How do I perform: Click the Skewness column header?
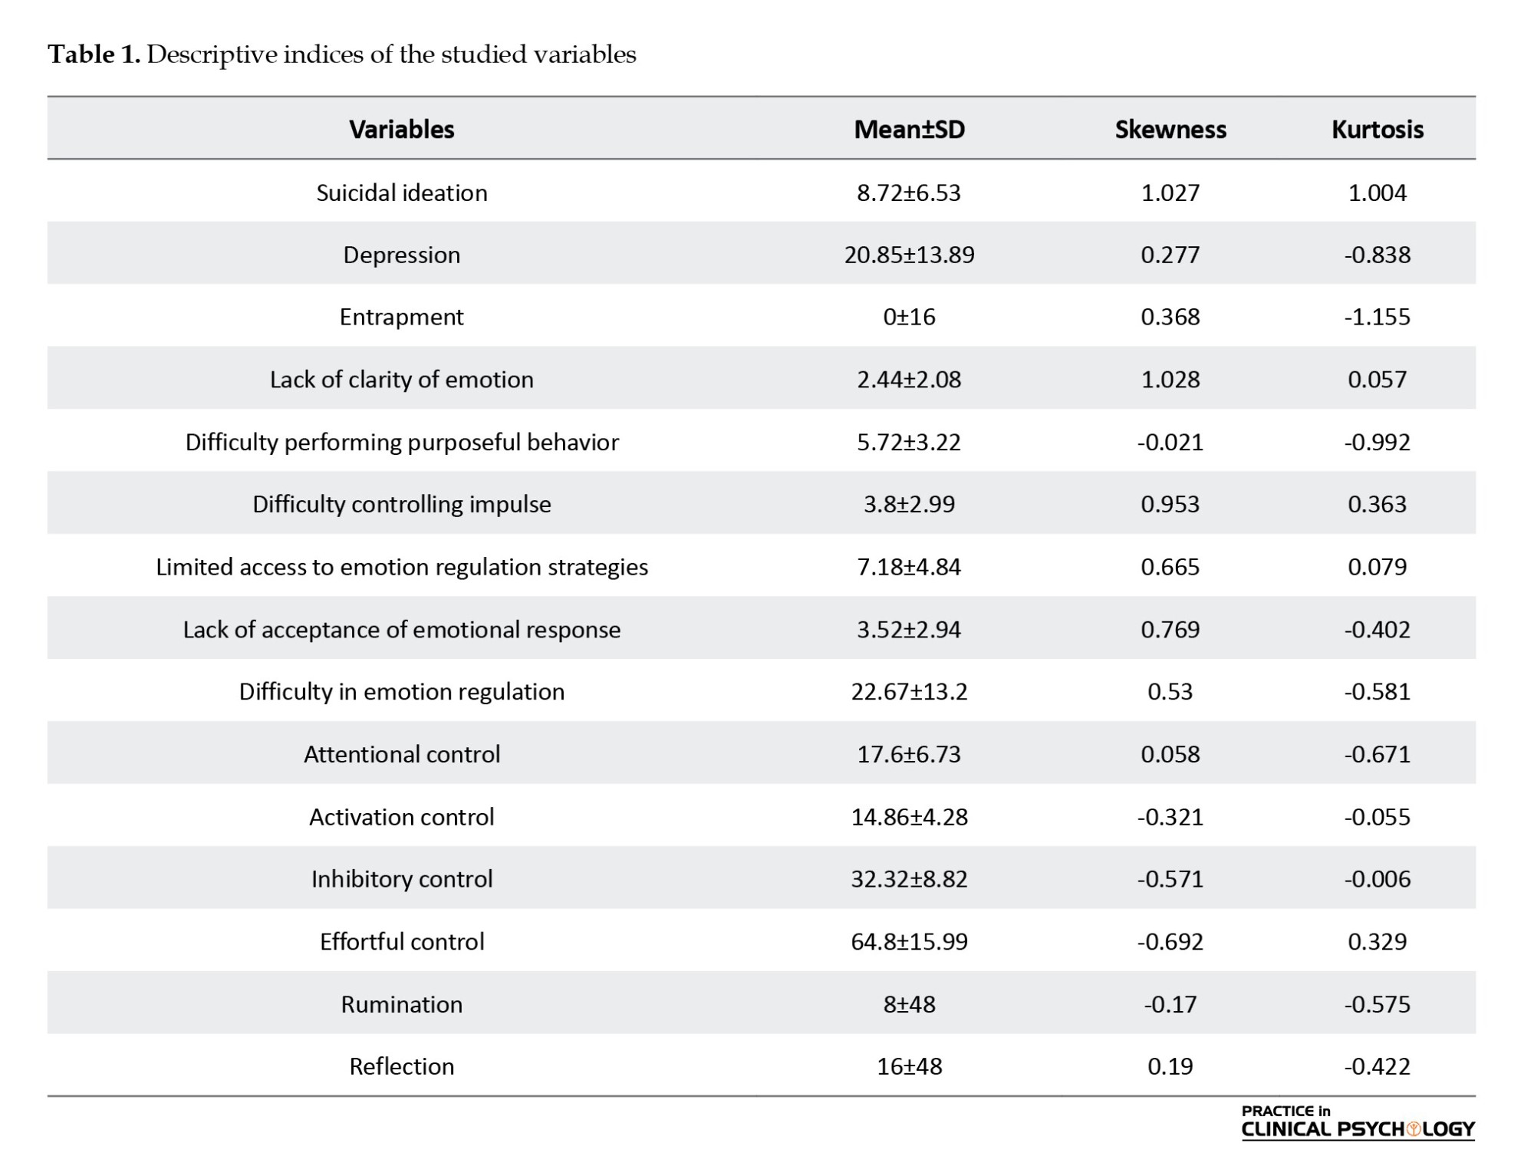[x=1170, y=129]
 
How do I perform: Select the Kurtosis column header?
[x=1378, y=129]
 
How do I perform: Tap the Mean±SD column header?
[x=910, y=129]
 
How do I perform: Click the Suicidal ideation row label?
[x=402, y=192]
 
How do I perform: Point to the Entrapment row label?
[x=402, y=317]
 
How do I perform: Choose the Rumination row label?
[x=402, y=1004]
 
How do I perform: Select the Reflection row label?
[x=402, y=1066]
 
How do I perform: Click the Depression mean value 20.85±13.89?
[x=910, y=255]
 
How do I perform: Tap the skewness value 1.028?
[x=1170, y=379]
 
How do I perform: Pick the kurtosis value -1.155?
[x=1378, y=317]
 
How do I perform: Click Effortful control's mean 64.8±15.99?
[x=910, y=941]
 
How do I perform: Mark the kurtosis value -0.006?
[x=1378, y=878]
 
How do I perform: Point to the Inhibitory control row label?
[x=402, y=878]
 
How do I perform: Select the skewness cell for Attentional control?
[x=1170, y=754]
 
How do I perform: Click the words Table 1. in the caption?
[x=94, y=54]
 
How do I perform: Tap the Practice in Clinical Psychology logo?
[x=1358, y=1122]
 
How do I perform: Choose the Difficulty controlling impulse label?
[x=402, y=504]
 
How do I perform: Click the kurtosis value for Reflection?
[x=1378, y=1066]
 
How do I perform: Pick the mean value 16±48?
[x=910, y=1066]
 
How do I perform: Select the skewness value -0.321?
[x=1170, y=816]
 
